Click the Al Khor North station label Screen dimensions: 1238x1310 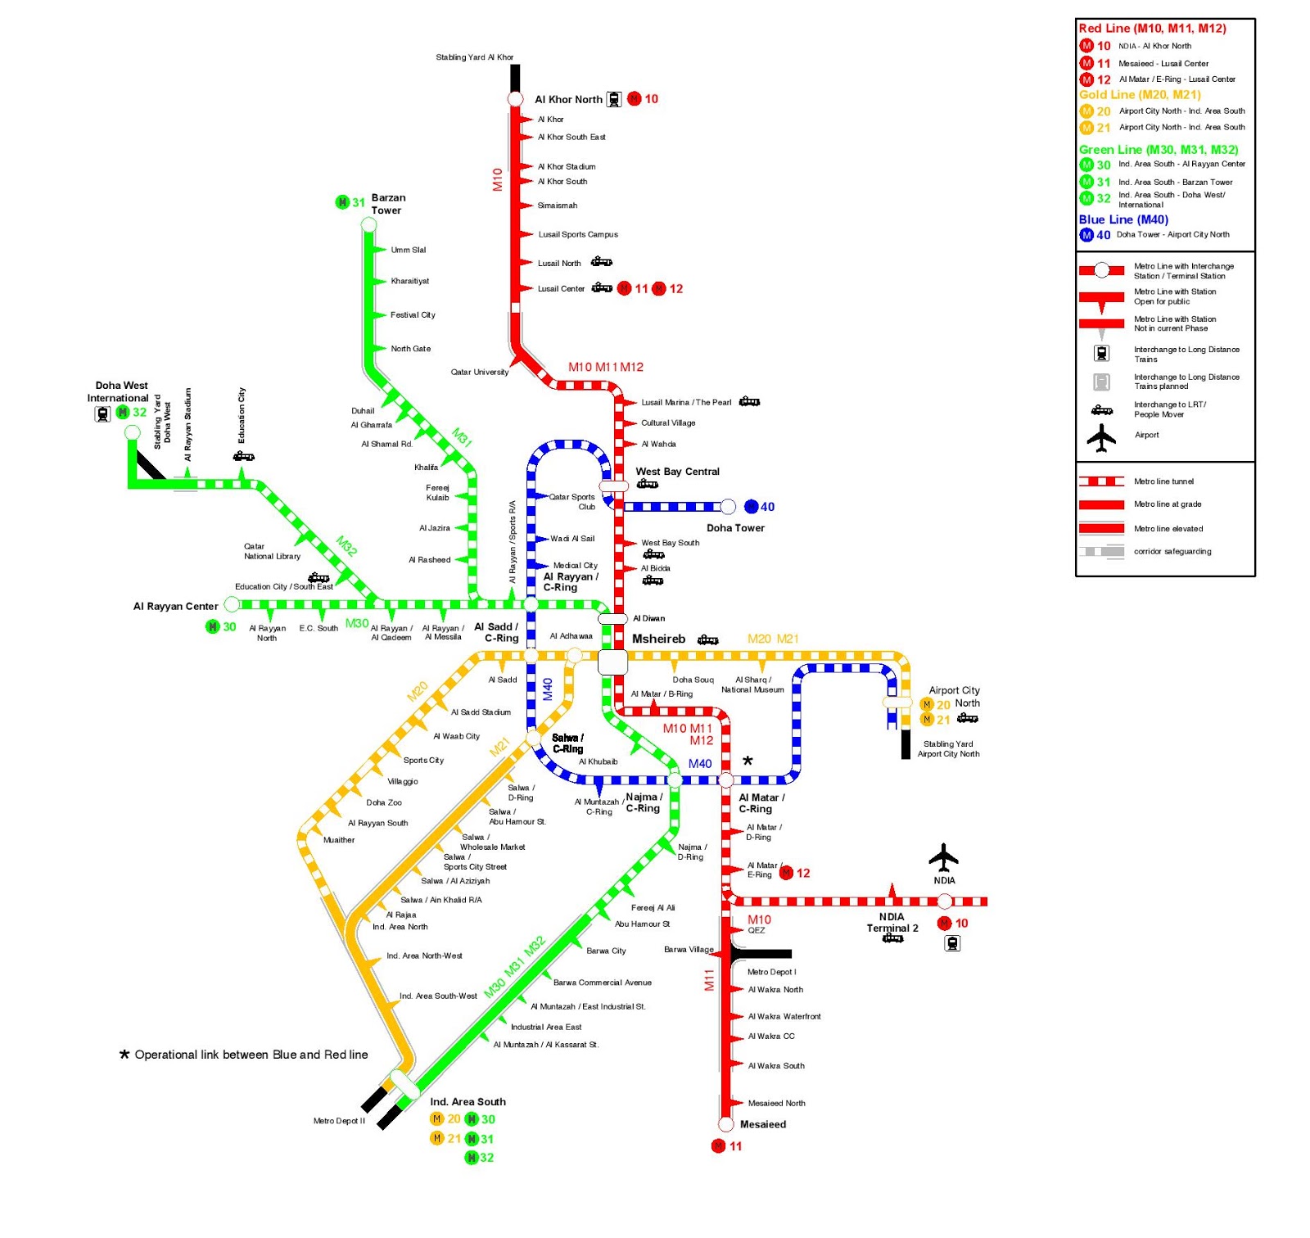(568, 99)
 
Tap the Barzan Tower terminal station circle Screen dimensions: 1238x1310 (369, 224)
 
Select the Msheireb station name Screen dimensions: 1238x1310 (658, 639)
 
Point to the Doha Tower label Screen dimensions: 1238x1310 (735, 528)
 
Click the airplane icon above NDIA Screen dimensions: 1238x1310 (943, 857)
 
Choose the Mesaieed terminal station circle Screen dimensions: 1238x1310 (725, 1123)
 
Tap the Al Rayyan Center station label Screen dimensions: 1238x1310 (175, 607)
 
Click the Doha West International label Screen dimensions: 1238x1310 (120, 391)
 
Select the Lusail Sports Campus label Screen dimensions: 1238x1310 (577, 234)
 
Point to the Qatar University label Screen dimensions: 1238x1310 (479, 372)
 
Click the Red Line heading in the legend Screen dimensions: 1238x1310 (1152, 29)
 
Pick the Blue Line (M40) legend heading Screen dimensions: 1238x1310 (1123, 219)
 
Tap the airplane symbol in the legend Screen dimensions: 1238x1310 (1101, 437)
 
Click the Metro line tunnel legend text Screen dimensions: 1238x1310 (1163, 481)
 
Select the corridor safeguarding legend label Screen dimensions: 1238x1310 (1172, 551)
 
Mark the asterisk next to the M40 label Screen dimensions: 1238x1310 (748, 761)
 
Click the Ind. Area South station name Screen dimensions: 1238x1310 (468, 1101)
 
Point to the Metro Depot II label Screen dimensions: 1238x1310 (339, 1121)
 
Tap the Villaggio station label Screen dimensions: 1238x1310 (402, 781)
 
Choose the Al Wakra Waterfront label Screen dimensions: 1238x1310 (784, 1016)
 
